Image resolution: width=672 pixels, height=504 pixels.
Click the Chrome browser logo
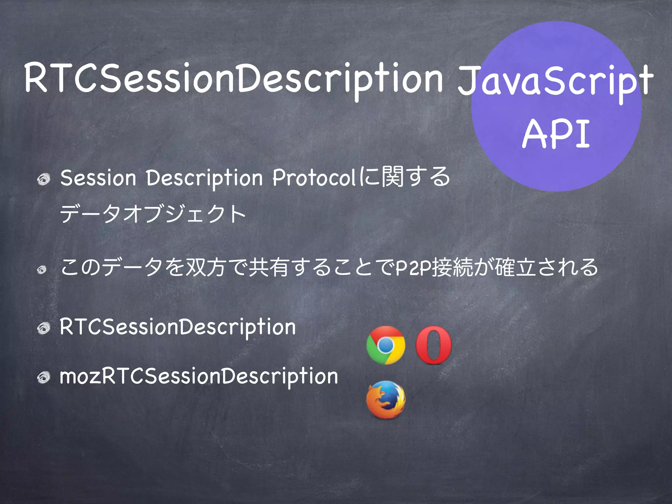386,345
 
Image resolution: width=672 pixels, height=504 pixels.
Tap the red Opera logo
433,345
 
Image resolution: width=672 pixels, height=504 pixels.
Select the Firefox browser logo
386,400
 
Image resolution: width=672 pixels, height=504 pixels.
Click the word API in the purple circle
556,134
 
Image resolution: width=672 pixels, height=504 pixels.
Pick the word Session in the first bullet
98,178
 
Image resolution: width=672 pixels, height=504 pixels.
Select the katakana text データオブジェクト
153,214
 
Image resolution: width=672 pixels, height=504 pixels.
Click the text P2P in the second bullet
413,268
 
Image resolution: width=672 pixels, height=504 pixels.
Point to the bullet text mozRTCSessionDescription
199,376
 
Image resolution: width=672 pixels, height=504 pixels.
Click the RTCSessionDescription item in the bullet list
178,327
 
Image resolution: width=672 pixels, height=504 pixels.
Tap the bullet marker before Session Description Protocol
43,179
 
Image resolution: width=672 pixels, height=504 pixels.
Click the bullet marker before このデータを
42,270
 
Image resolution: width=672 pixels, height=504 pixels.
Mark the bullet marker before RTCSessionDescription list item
43,328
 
